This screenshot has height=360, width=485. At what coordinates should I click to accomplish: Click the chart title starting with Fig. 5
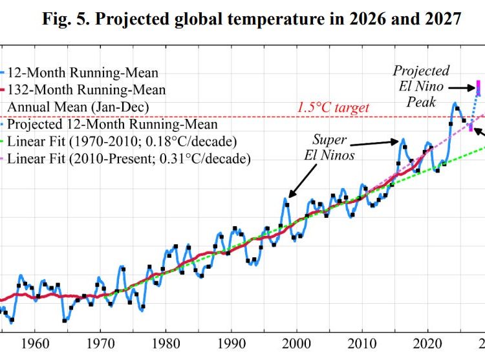click(x=252, y=19)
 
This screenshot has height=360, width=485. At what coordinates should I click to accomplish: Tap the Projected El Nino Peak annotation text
click(x=421, y=86)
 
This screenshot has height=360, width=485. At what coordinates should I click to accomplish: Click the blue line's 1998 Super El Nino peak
click(x=285, y=199)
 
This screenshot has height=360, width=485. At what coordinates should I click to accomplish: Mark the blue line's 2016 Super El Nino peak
click(x=403, y=139)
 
